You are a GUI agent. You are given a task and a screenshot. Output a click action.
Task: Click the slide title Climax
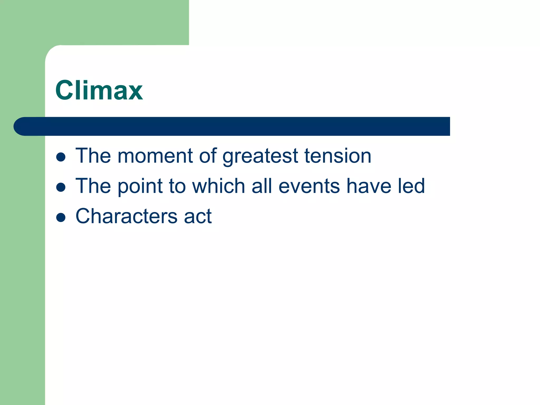pyautogui.click(x=99, y=90)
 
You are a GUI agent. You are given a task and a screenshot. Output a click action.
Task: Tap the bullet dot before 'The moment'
pyautogui.click(x=61, y=157)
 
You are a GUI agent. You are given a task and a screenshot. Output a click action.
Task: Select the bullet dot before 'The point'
pyautogui.click(x=61, y=187)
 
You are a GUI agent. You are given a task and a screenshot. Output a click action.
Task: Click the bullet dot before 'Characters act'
pyautogui.click(x=61, y=218)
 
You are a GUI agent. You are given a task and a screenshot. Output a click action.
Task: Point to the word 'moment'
pyautogui.click(x=155, y=156)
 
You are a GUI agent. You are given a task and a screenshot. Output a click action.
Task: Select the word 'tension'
pyautogui.click(x=338, y=156)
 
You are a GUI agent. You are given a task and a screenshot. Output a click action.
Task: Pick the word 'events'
pyautogui.click(x=309, y=186)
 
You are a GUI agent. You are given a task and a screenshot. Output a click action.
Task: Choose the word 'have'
pyautogui.click(x=369, y=186)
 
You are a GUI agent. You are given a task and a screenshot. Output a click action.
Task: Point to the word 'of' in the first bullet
pyautogui.click(x=208, y=156)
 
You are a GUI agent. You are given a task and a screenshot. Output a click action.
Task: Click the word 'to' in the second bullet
pyautogui.click(x=177, y=186)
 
